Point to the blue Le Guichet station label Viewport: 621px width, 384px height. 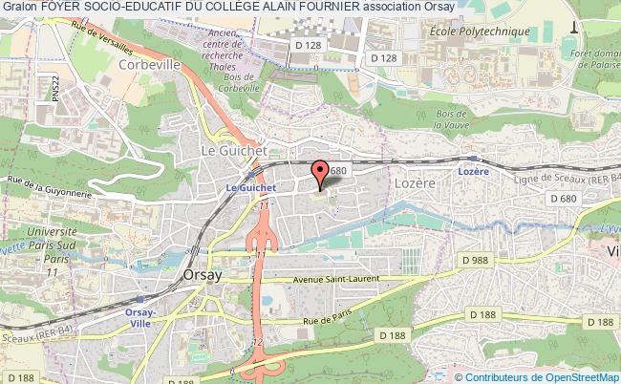(x=244, y=188)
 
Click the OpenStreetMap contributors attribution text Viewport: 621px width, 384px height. (x=545, y=375)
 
